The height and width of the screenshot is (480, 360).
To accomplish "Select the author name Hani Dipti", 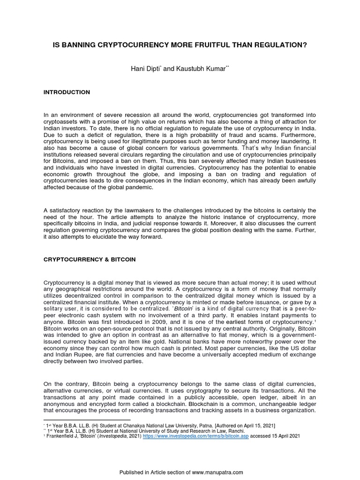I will click(x=144, y=69).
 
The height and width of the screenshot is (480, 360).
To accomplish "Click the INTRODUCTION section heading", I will click(x=67, y=92).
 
